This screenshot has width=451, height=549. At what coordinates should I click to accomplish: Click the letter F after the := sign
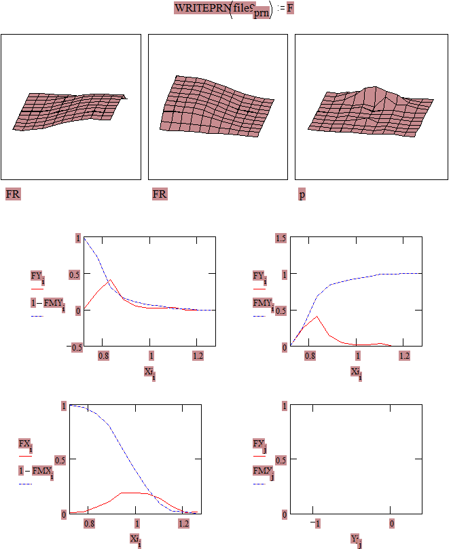tap(290, 8)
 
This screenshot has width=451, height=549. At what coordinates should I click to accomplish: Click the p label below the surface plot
tap(302, 195)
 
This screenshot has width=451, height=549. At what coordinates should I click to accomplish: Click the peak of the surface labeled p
tap(372, 88)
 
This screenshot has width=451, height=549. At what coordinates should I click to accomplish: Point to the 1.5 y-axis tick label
tap(281, 237)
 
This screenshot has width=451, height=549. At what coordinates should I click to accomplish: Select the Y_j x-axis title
tap(355, 539)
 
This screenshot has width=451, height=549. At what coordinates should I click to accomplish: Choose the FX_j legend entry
tap(259, 444)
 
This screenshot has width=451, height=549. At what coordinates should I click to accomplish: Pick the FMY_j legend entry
tap(263, 470)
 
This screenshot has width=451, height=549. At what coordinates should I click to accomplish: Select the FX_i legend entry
tap(24, 444)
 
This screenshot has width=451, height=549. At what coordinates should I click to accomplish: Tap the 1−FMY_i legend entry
tap(48, 302)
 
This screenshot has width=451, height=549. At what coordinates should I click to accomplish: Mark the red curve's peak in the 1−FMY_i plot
tap(110, 279)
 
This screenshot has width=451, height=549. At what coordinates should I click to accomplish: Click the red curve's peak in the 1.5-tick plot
tap(317, 316)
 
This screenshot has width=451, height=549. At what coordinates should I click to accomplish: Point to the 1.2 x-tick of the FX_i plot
tap(183, 524)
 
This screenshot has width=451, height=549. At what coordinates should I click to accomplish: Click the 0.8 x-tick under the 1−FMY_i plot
tap(103, 355)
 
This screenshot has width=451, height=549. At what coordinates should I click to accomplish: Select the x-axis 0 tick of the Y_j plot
tap(392, 524)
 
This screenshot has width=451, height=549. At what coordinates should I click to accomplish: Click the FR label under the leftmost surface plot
tap(13, 195)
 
